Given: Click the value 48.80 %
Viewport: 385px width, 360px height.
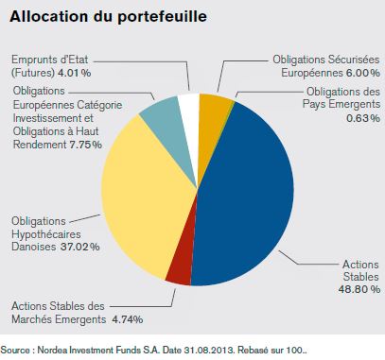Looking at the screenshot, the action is tap(359, 289).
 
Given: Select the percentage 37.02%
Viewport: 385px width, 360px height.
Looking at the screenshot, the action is tap(80, 247).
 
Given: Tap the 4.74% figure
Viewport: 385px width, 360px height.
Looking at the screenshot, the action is tap(128, 319).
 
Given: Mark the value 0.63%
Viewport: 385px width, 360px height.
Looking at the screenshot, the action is tap(363, 118).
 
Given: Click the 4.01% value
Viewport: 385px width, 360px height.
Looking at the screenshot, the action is tap(74, 73).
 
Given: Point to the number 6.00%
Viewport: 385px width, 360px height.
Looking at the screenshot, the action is tap(363, 73).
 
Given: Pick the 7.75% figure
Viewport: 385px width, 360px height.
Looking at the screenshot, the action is tap(84, 145).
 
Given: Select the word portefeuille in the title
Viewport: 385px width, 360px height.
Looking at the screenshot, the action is tap(163, 17).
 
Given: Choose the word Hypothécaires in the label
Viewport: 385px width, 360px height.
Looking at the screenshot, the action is tap(46, 234).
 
